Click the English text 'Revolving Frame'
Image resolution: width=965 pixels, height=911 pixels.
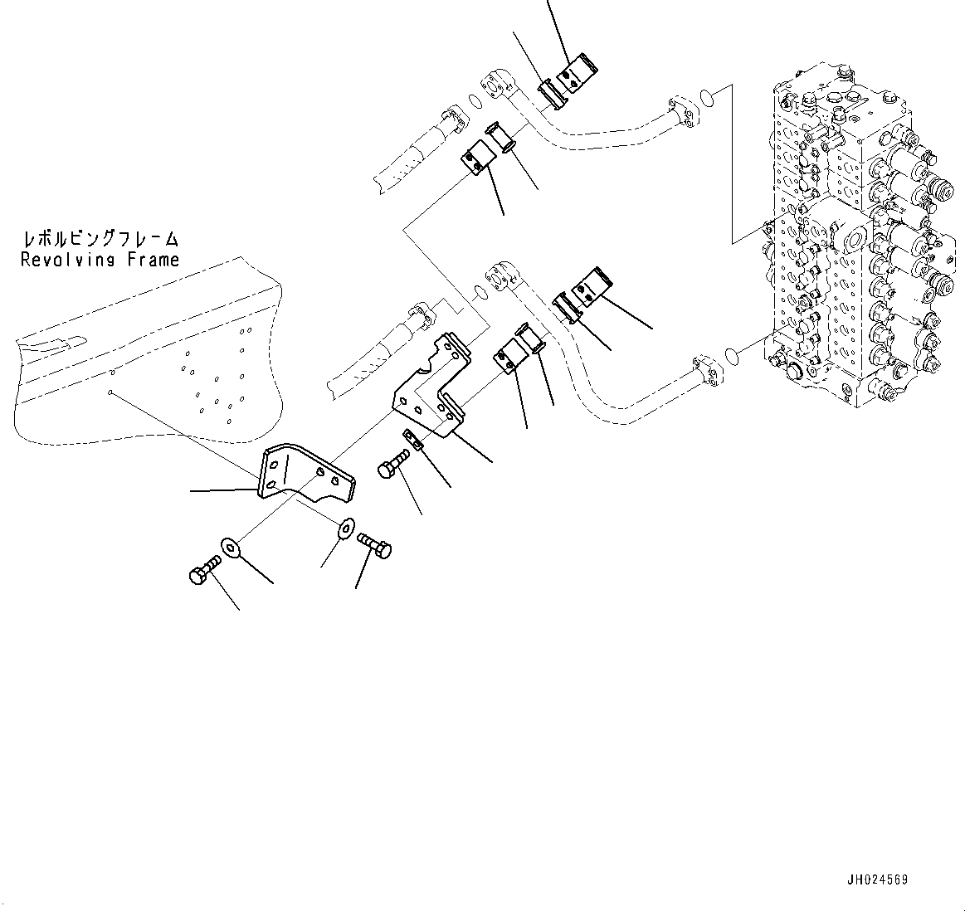click(x=100, y=260)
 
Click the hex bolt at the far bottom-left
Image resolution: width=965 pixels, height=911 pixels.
click(x=202, y=572)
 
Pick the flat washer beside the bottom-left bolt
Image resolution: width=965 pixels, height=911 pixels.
click(x=230, y=548)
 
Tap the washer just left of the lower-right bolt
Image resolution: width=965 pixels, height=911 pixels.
click(x=345, y=526)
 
